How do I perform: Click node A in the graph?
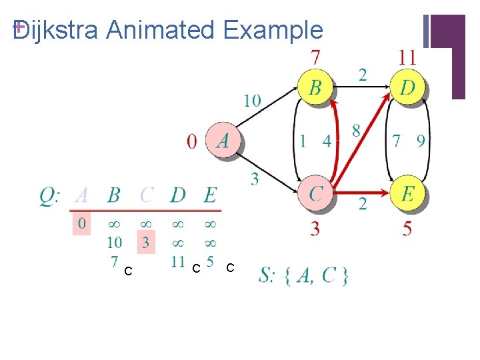pos(223,141)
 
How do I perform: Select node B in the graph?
pos(315,87)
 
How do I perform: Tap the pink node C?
pos(315,193)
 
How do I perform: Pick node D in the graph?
pos(407,87)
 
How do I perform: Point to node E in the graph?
pos(407,193)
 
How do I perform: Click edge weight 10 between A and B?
pos(252,101)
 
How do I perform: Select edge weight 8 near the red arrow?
pos(356,130)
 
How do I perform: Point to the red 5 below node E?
pos(407,229)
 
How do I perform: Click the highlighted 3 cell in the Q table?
pos(145,241)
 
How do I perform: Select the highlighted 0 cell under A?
pos(81,223)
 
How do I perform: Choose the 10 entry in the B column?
pos(113,241)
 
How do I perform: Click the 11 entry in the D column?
pos(177,261)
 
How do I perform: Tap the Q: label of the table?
pos(51,195)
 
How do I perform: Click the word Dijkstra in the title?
pos(56,30)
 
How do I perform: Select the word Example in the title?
pos(273,30)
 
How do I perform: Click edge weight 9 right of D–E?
pos(420,141)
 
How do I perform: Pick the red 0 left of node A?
pos(192,141)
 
